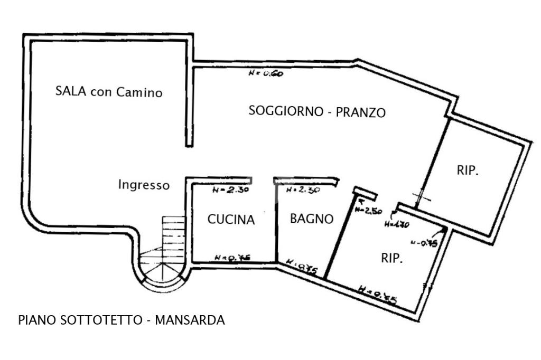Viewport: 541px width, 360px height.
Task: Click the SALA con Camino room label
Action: pyautogui.click(x=109, y=92)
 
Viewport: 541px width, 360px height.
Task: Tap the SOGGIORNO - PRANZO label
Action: pyautogui.click(x=317, y=112)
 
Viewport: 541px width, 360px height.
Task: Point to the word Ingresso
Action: pyautogui.click(x=144, y=185)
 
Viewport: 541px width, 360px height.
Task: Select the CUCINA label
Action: pyautogui.click(x=231, y=220)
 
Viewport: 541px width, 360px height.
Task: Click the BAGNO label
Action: pyautogui.click(x=312, y=219)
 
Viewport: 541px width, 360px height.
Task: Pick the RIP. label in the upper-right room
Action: pyautogui.click(x=468, y=170)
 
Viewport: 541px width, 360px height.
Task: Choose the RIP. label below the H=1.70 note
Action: pyautogui.click(x=392, y=259)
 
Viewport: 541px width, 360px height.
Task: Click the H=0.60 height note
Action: pyautogui.click(x=265, y=74)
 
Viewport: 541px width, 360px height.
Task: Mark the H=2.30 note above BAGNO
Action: pyautogui.click(x=302, y=191)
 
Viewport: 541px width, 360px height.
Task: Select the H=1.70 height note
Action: pyautogui.click(x=397, y=223)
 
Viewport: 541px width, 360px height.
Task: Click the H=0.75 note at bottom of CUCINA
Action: pyautogui.click(x=232, y=258)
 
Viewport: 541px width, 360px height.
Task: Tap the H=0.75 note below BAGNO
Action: pyautogui.click(x=301, y=267)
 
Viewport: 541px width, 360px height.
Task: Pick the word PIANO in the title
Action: pyautogui.click(x=33, y=320)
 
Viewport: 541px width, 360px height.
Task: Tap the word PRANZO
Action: pyautogui.click(x=361, y=112)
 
